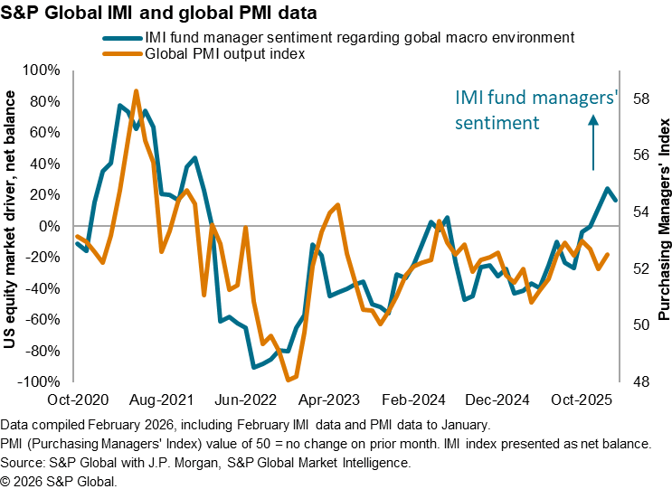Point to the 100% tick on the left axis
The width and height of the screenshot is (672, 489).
(x=43, y=70)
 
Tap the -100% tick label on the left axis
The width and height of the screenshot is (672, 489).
(x=40, y=382)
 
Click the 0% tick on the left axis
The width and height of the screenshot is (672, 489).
(x=49, y=226)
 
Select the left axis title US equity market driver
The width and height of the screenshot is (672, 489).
(x=15, y=226)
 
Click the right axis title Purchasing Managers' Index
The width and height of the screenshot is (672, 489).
(x=664, y=226)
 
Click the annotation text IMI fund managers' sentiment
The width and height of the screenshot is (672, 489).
(x=535, y=109)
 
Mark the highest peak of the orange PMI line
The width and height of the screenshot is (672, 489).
(x=136, y=91)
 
